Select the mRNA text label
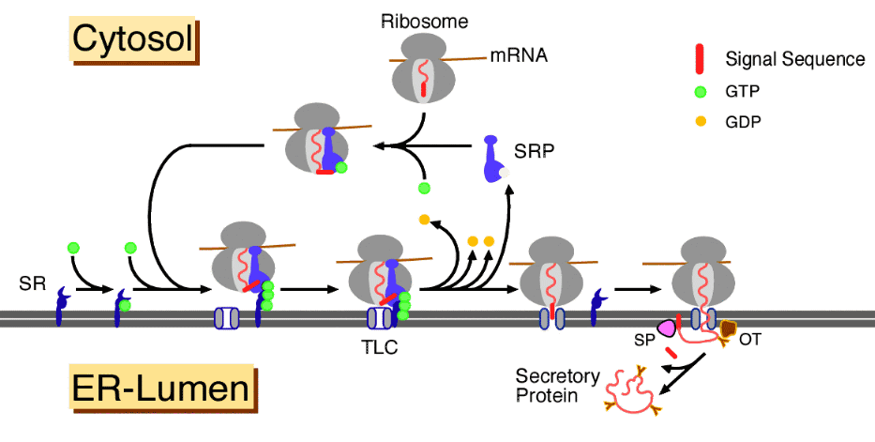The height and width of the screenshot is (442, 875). (x=518, y=56)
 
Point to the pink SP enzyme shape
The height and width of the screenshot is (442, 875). (x=667, y=328)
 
